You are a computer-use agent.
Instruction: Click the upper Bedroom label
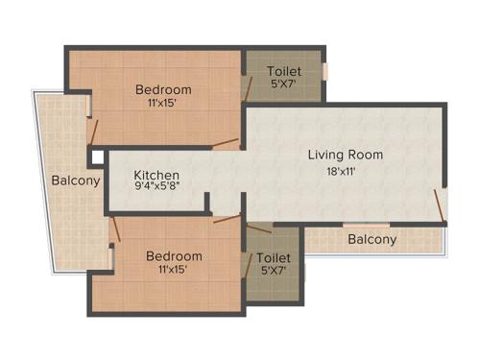click(163, 89)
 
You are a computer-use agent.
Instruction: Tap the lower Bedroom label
click(174, 255)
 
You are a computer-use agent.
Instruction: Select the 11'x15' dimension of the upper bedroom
click(163, 103)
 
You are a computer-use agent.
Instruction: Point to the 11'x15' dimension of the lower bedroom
click(174, 269)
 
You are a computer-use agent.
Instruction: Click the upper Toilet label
click(284, 71)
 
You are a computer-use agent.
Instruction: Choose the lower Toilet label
click(274, 258)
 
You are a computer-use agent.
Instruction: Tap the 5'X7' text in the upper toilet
click(284, 84)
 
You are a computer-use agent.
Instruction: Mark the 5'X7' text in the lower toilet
click(274, 272)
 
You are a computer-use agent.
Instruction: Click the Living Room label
click(345, 155)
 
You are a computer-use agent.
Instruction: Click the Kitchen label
click(156, 175)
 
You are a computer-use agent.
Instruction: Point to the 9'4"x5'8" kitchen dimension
click(156, 188)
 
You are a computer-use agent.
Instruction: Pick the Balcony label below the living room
click(372, 239)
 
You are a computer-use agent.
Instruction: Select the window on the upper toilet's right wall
click(325, 71)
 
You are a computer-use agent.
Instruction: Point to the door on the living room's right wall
click(441, 204)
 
